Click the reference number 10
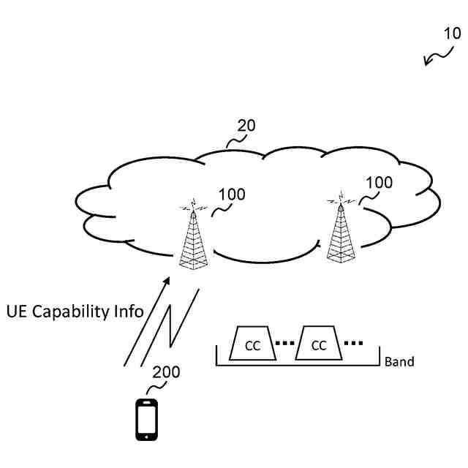click(x=452, y=33)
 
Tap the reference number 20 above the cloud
click(x=246, y=125)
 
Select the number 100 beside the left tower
click(x=232, y=195)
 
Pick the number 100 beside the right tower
click(x=378, y=182)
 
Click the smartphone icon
click(x=147, y=419)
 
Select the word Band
click(x=399, y=361)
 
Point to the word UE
click(x=16, y=310)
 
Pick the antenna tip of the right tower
click(x=339, y=195)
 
